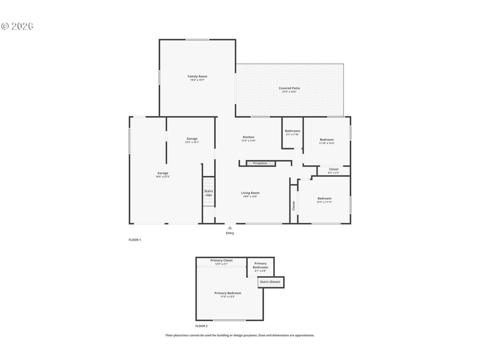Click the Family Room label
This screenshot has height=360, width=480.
(x=197, y=76)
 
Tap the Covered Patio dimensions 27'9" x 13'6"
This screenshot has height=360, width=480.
(x=289, y=92)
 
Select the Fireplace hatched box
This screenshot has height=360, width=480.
(x=260, y=163)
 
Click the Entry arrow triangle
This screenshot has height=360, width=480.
(x=230, y=227)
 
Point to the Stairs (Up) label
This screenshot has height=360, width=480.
(x=208, y=193)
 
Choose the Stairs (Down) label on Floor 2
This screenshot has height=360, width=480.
(x=270, y=282)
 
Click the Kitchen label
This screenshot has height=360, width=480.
(x=248, y=137)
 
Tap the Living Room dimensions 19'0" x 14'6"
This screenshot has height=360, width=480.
(x=250, y=196)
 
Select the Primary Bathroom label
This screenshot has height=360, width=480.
(x=260, y=265)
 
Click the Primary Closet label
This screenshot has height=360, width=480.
(x=221, y=260)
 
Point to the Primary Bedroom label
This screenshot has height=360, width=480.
(x=228, y=293)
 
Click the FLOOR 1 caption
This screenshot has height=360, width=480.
(x=135, y=240)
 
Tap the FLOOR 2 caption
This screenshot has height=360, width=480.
(x=201, y=326)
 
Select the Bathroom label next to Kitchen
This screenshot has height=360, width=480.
(x=292, y=131)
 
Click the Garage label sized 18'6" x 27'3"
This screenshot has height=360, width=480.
(x=163, y=173)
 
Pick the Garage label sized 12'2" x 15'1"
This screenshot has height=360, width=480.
(x=192, y=139)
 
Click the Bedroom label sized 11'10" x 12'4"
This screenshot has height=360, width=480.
(x=327, y=140)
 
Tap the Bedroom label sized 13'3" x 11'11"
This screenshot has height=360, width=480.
(x=324, y=199)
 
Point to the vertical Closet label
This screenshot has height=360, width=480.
(x=293, y=206)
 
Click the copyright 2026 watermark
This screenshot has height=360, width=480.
(x=17, y=26)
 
